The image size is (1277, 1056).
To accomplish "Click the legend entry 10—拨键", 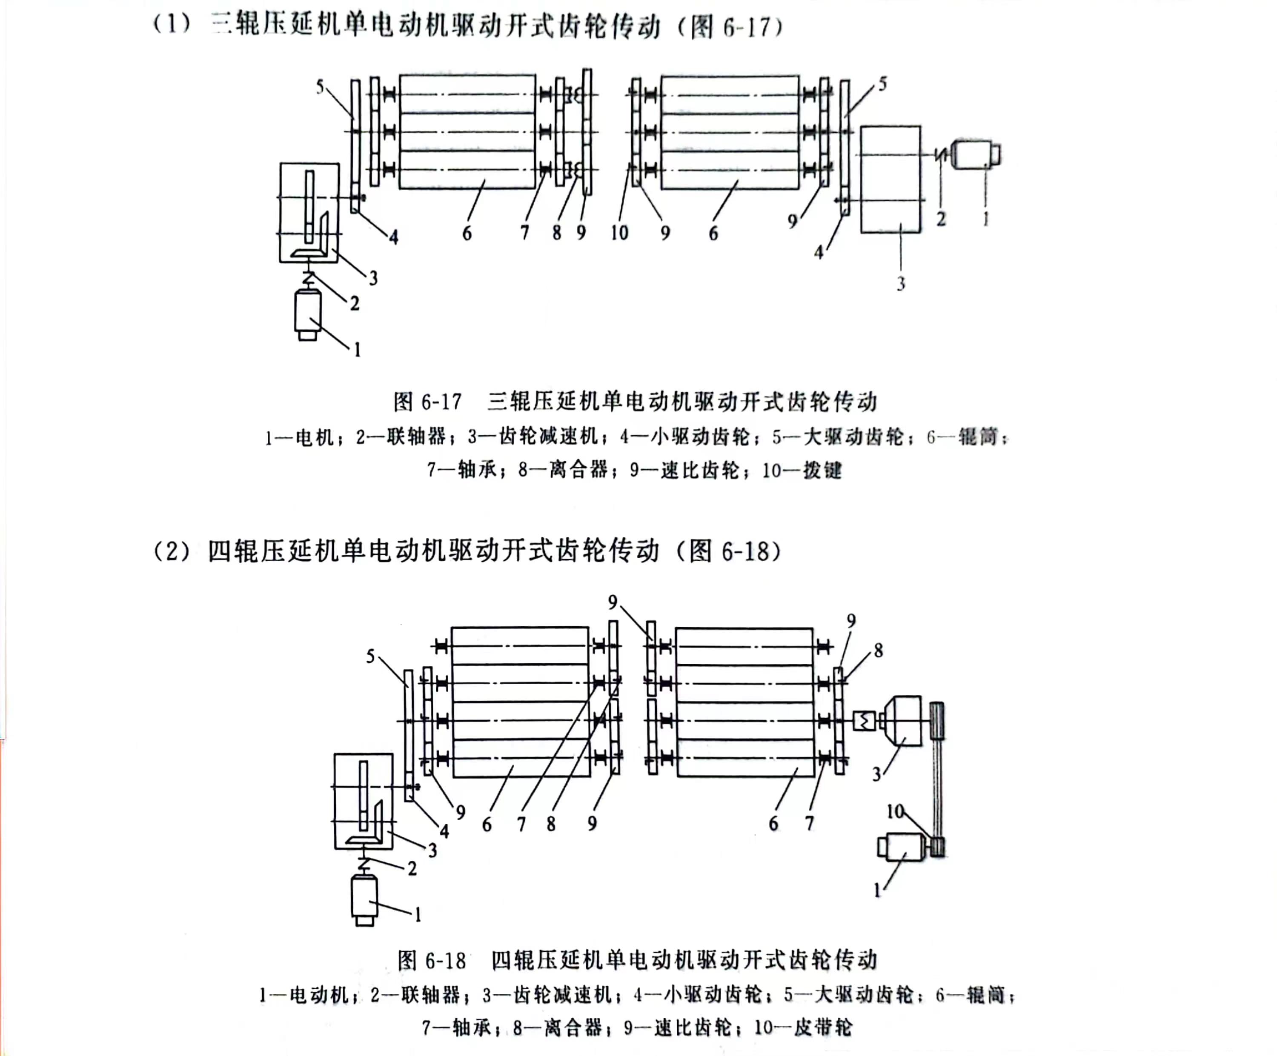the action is (x=802, y=470).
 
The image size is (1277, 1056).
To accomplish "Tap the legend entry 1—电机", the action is (x=300, y=437).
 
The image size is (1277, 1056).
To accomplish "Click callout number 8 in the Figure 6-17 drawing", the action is (x=556, y=232).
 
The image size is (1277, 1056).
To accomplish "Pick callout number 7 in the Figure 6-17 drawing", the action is (x=524, y=232).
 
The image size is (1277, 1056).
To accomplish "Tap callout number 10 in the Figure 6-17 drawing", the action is (x=619, y=232).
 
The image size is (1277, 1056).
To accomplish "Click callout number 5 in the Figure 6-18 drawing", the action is (x=370, y=656).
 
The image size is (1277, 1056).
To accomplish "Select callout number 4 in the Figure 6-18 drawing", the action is (x=444, y=831).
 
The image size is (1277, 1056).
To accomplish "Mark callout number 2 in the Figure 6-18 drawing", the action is (x=412, y=869).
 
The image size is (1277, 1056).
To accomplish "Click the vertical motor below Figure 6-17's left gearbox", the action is (x=308, y=315).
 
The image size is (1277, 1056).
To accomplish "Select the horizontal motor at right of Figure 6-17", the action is (x=976, y=154).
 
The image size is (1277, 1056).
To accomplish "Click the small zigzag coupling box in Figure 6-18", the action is (x=864, y=721).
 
